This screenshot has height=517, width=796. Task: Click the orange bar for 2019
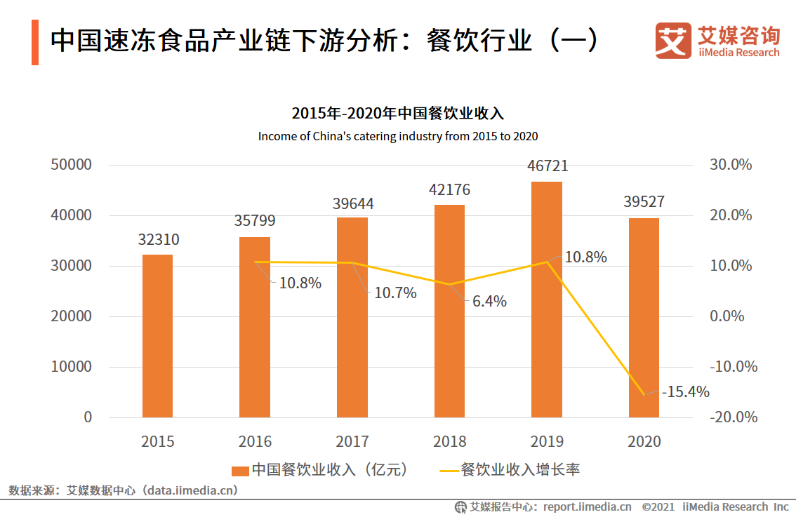547,300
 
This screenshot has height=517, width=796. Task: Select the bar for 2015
157,336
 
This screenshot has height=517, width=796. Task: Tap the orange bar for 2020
644,318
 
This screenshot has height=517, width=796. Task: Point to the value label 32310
158,240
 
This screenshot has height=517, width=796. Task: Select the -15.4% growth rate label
685,392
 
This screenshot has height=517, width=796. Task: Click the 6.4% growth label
489,302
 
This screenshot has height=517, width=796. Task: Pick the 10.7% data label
395,293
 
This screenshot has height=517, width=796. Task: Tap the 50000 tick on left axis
71,165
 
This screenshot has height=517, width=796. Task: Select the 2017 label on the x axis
352,441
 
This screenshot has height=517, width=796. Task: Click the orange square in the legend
240,470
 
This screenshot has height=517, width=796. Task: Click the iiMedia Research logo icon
672,41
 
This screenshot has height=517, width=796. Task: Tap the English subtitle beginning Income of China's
397,136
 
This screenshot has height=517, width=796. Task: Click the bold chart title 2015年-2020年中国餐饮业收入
397,113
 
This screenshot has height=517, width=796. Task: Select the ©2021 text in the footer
658,506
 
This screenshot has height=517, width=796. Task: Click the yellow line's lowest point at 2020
644,394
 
